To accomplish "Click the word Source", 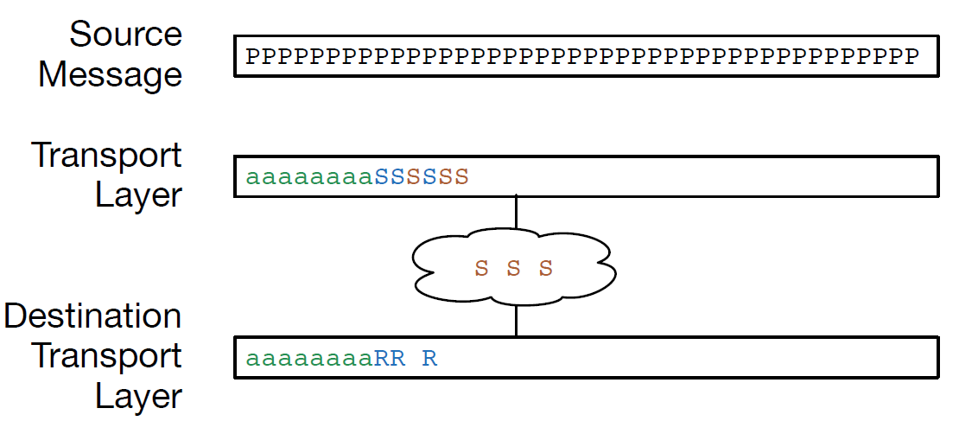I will (125, 35).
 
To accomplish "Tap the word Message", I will (110, 74).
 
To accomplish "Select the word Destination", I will (92, 316).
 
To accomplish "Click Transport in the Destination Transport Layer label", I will (107, 356).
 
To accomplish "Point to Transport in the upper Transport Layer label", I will (107, 155).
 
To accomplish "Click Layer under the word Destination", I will (138, 396).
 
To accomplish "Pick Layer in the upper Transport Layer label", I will (138, 195).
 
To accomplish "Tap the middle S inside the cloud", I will (513, 268).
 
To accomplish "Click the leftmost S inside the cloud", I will (481, 268).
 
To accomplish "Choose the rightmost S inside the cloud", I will (545, 268).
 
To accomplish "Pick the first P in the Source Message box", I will (252, 57).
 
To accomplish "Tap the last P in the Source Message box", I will (910, 57).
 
